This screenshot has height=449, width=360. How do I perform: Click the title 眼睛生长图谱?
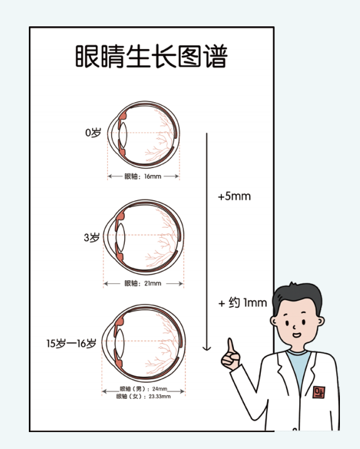click(151, 56)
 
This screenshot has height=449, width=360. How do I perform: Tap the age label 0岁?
click(93, 134)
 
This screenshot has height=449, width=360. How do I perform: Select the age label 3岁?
click(92, 238)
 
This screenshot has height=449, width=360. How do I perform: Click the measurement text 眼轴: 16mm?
click(143, 176)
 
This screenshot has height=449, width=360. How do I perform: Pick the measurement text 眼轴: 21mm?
click(143, 283)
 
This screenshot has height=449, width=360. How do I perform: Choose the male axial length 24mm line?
click(144, 389)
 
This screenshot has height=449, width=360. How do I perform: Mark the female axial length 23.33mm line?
click(144, 397)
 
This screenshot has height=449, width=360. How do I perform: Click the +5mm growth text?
click(234, 196)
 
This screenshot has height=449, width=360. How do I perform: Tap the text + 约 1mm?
click(242, 303)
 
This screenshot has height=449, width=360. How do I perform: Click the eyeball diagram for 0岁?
click(144, 134)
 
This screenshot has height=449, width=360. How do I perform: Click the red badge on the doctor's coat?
click(320, 392)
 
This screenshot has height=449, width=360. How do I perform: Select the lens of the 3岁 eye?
click(121, 238)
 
